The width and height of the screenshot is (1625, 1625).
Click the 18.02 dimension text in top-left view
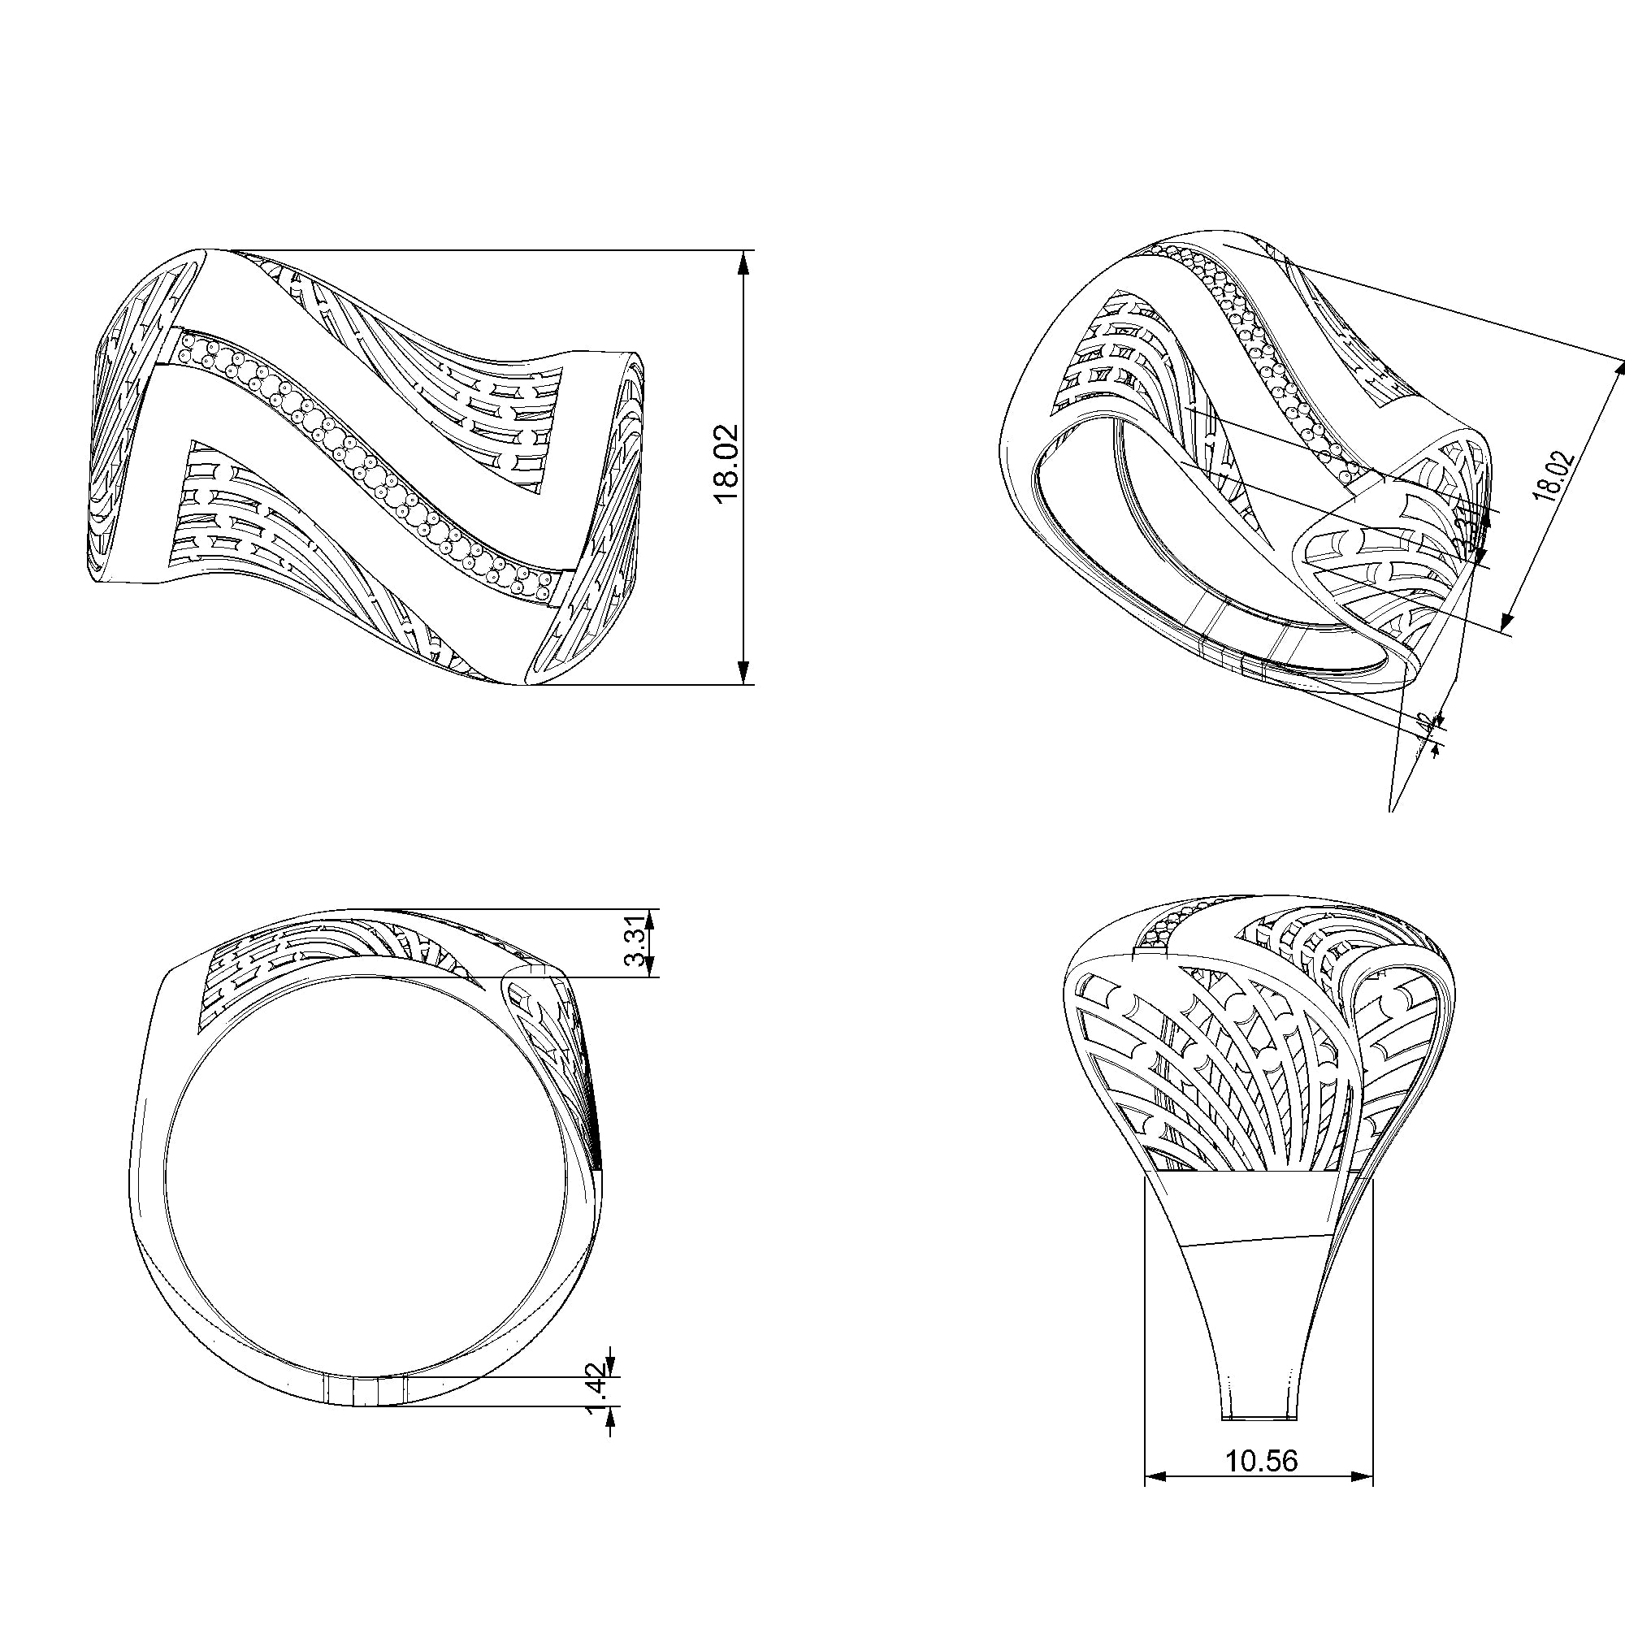pyautogui.click(x=726, y=463)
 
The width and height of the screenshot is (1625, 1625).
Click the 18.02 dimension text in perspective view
pyautogui.click(x=1553, y=477)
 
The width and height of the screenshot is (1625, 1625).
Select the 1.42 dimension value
pyautogui.click(x=596, y=1402)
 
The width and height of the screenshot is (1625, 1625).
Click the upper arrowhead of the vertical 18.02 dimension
pyautogui.click(x=743, y=263)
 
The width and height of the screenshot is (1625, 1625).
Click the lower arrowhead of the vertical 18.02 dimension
pyautogui.click(x=743, y=671)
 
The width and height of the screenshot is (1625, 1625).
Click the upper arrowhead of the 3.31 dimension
pyautogui.click(x=650, y=921)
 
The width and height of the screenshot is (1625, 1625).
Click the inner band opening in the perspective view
pyautogui.click(x=1177, y=547)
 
